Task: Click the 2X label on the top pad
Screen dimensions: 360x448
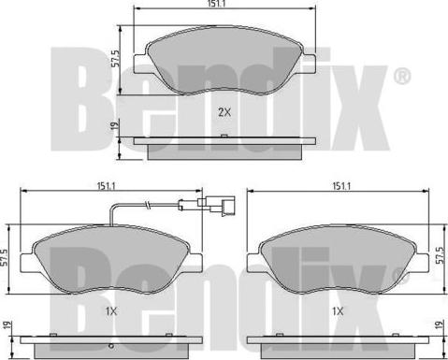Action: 224,112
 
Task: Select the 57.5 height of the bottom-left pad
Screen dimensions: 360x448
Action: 7,256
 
